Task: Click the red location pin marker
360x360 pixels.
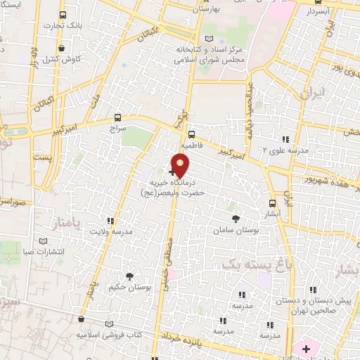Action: (181, 165)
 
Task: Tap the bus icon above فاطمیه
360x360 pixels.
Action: (191, 134)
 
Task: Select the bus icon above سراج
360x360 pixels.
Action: (117, 119)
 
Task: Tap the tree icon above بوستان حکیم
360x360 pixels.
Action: (129, 276)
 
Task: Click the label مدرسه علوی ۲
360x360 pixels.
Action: (285, 150)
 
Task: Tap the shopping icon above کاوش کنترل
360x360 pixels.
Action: (63, 49)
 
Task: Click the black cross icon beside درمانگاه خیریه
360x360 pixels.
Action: (172, 171)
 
